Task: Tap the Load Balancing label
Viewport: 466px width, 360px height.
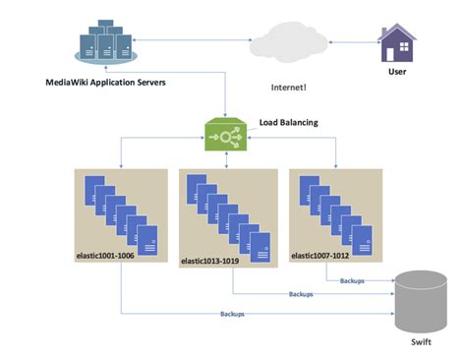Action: [x=287, y=124]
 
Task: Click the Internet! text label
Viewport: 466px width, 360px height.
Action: [x=288, y=88]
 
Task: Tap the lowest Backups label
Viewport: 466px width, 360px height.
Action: [x=232, y=314]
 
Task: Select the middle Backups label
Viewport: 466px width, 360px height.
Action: [x=302, y=294]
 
